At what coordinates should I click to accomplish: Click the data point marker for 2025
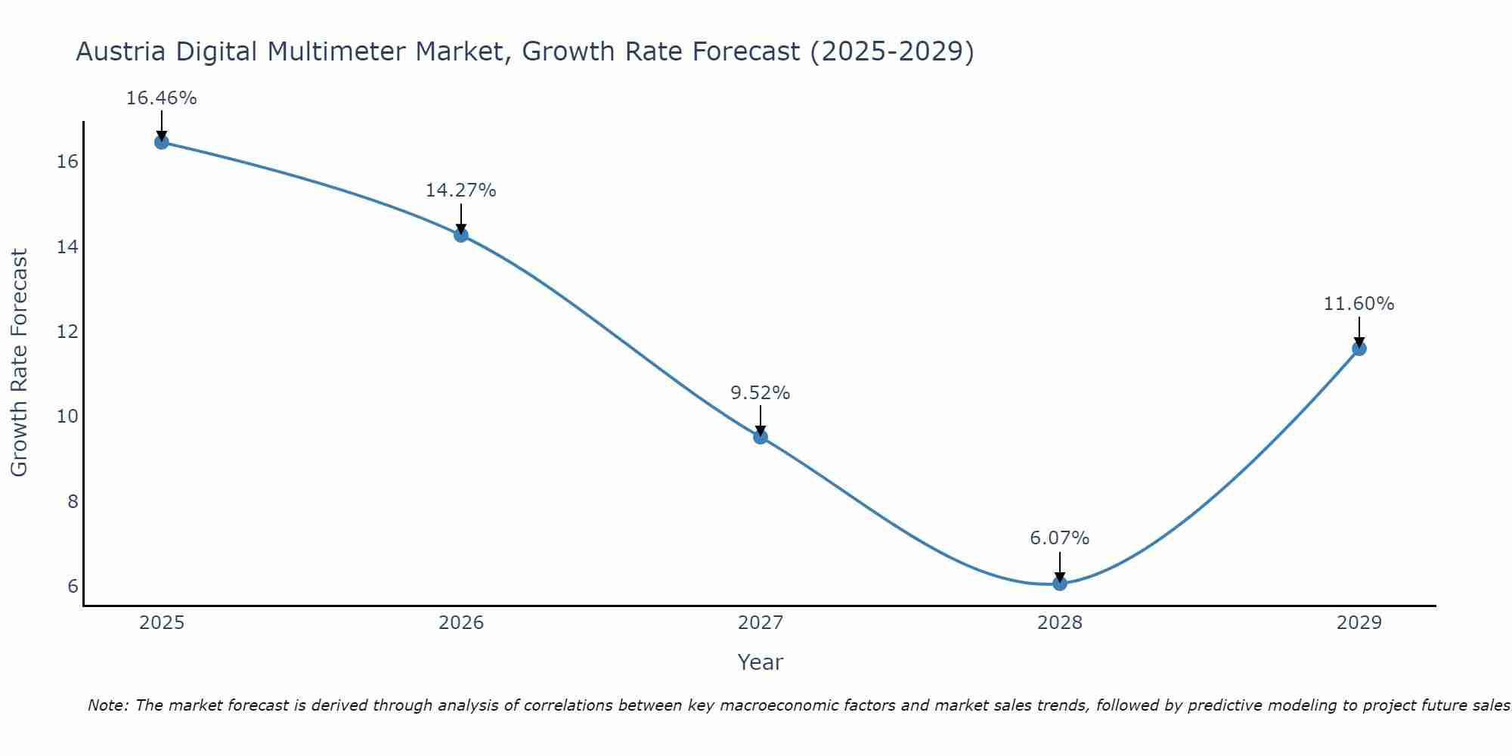coord(161,142)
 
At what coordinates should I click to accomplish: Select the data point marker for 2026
coord(460,235)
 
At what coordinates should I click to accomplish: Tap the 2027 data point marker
coord(761,437)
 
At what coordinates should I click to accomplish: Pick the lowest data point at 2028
coord(1060,583)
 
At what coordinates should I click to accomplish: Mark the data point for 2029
coord(1359,349)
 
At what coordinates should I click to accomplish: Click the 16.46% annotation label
coord(161,98)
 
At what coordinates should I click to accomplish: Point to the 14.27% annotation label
coord(460,191)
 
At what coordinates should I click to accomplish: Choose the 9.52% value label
coord(760,393)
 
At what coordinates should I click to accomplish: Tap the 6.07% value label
coord(1059,538)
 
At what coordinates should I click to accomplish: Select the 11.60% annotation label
coord(1359,304)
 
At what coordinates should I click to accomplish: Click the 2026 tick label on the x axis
coord(461,623)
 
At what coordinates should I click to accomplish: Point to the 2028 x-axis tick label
coord(1060,623)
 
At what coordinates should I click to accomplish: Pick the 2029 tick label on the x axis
coord(1359,623)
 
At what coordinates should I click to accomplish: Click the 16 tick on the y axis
coord(68,162)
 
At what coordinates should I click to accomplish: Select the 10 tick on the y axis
coord(68,417)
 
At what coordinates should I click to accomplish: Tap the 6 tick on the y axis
coord(73,587)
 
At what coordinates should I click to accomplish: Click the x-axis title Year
coord(760,662)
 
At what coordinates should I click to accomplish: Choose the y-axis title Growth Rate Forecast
coord(19,363)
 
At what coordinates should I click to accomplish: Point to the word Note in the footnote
coord(108,705)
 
